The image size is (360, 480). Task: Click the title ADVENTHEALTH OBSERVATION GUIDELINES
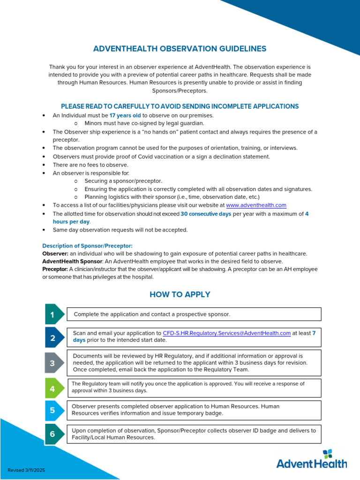pyautogui.click(x=180, y=49)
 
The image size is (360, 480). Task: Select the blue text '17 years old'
pyautogui.click(x=125, y=115)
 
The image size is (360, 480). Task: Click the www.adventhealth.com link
pyautogui.click(x=256, y=205)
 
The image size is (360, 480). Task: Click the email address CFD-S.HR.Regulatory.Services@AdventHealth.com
pyautogui.click(x=227, y=333)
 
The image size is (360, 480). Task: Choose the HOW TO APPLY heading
pyautogui.click(x=180, y=294)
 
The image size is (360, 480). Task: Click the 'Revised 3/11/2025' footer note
pyautogui.click(x=26, y=470)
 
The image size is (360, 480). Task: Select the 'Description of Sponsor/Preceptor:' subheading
pyautogui.click(x=87, y=246)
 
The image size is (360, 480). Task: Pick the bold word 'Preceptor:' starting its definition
pyautogui.click(x=55, y=269)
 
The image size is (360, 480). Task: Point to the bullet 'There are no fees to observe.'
pyautogui.click(x=90, y=165)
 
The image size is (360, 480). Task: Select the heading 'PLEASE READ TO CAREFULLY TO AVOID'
pyautogui.click(x=180, y=106)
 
